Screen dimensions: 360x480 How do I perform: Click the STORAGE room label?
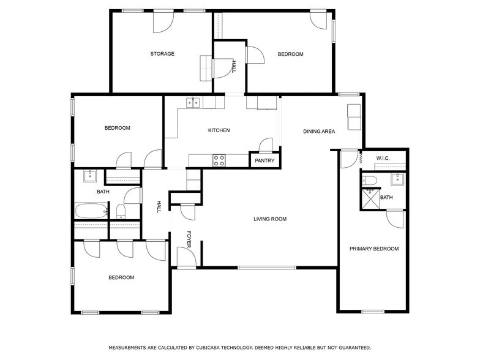click(162, 54)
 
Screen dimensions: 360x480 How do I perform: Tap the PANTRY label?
click(264, 161)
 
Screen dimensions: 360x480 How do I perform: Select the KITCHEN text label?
click(219, 130)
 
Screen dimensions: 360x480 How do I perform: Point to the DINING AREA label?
click(319, 131)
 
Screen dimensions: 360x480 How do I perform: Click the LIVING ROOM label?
click(270, 219)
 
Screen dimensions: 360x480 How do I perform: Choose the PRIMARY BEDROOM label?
click(373, 249)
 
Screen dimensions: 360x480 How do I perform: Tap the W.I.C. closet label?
click(383, 158)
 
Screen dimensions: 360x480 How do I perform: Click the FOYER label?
click(189, 239)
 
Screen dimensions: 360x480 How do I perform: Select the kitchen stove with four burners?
click(219, 160)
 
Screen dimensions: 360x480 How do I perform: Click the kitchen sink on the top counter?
click(193, 102)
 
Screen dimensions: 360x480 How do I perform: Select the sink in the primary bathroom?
click(397, 179)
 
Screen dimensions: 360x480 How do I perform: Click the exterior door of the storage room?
click(162, 21)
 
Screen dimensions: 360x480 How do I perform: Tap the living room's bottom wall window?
click(266, 268)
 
